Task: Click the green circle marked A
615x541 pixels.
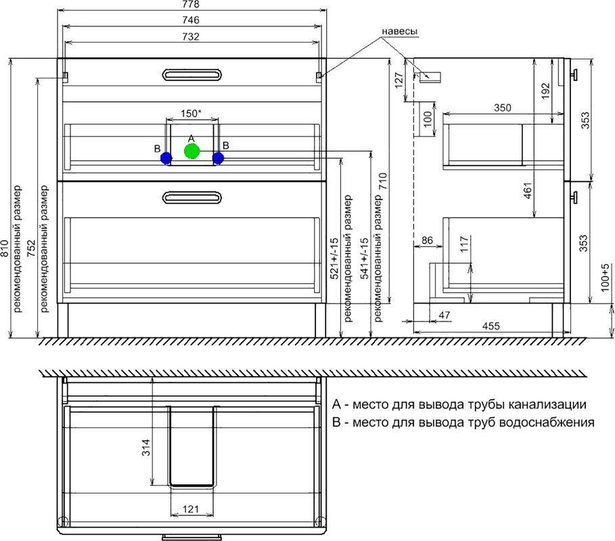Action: click(191, 151)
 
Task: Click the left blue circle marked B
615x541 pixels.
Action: click(166, 158)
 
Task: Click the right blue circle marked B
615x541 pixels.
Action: click(218, 158)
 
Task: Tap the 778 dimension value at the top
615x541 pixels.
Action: click(191, 4)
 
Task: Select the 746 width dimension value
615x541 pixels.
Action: click(191, 20)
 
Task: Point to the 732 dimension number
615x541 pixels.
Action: click(191, 37)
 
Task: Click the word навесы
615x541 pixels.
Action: click(400, 31)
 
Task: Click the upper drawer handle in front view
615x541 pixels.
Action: click(191, 74)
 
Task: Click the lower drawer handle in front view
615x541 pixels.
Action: click(191, 197)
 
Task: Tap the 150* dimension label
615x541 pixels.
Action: click(191, 114)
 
